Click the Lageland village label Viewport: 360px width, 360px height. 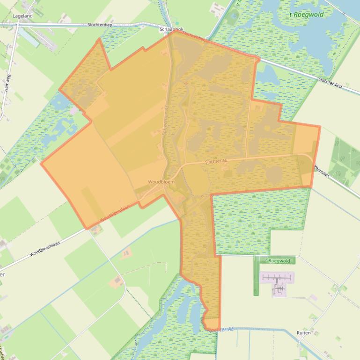pyautogui.click(x=22, y=16)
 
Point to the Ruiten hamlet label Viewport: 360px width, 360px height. pyautogui.click(x=303, y=333)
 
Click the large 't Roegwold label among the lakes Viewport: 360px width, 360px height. pyautogui.click(x=306, y=14)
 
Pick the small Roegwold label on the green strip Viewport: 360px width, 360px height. pyautogui.click(x=279, y=261)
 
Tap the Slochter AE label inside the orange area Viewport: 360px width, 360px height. pyautogui.click(x=216, y=162)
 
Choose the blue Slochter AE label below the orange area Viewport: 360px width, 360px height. pyautogui.click(x=221, y=330)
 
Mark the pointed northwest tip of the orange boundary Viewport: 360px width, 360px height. pyautogui.click(x=99, y=39)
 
